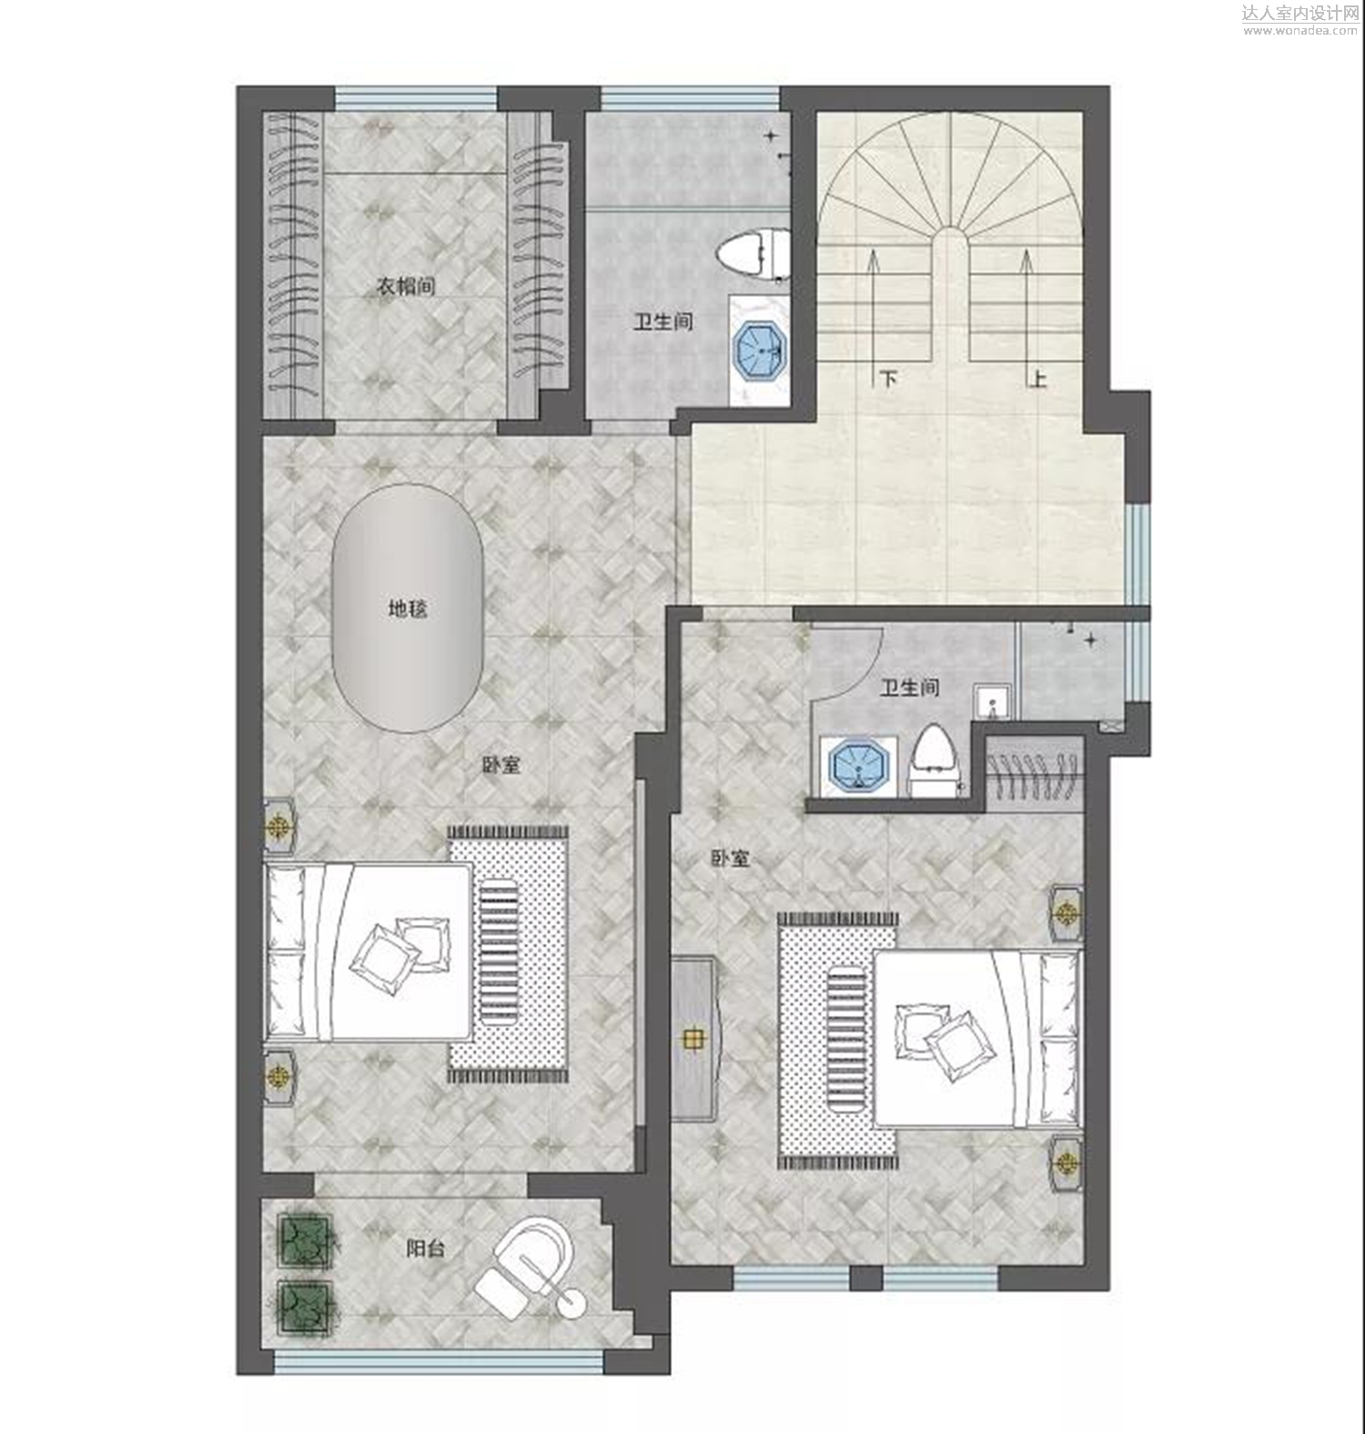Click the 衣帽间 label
tap(406, 286)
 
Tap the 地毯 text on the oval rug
tap(408, 608)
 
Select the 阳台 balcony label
tap(425, 1247)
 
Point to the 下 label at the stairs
tap(888, 378)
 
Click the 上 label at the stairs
tap(1037, 378)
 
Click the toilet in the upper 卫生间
tap(753, 254)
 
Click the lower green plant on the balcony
tap(305, 1308)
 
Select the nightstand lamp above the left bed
tap(279, 827)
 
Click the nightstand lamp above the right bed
tap(1067, 911)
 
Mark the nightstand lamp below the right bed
tap(1067, 1163)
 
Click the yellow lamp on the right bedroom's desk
tap(693, 1039)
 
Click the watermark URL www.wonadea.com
tap(1300, 30)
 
